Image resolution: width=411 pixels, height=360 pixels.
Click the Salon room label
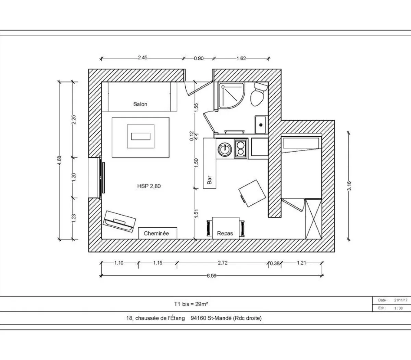(x=140, y=104)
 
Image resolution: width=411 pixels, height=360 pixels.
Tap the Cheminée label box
(x=157, y=233)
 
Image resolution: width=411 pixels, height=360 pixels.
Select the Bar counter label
(x=210, y=180)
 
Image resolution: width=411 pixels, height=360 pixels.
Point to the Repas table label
(x=225, y=233)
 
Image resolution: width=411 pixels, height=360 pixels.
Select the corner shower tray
(x=231, y=96)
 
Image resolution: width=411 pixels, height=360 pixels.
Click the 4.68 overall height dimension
(x=59, y=160)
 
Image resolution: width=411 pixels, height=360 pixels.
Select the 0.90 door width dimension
(x=199, y=58)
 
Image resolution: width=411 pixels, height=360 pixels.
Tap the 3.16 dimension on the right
(x=349, y=185)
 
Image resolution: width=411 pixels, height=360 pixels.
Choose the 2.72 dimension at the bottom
(x=223, y=263)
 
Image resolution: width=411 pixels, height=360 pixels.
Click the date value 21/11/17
(x=401, y=300)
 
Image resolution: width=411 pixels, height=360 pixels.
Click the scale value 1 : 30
(x=398, y=308)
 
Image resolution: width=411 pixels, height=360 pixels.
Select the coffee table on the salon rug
(x=141, y=136)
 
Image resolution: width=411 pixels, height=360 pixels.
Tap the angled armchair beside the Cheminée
(x=120, y=221)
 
